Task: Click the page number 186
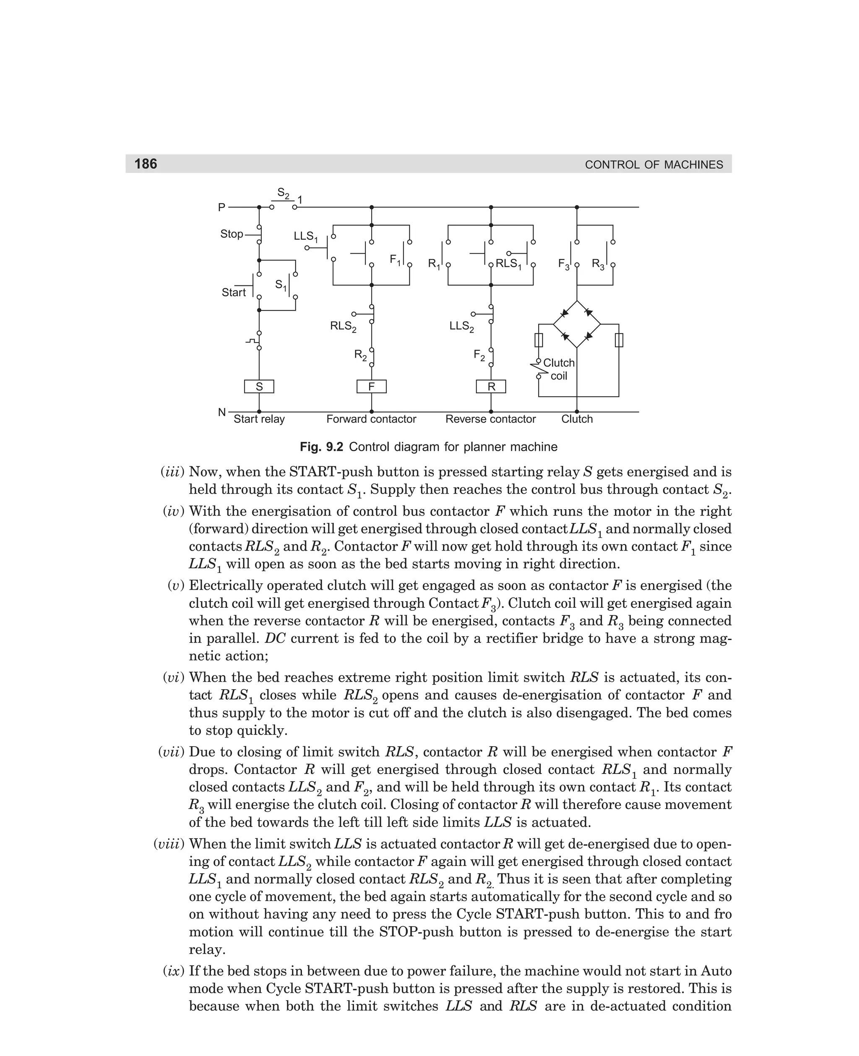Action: click(x=146, y=164)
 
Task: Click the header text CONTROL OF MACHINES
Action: click(x=653, y=165)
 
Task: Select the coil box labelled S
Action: click(x=259, y=387)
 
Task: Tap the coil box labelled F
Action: click(x=371, y=387)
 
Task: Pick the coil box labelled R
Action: click(x=491, y=387)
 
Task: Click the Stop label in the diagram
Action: click(x=232, y=234)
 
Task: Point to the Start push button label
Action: click(x=234, y=293)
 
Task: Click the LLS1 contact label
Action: click(x=306, y=237)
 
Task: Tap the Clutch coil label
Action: click(x=559, y=369)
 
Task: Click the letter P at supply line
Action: click(x=222, y=207)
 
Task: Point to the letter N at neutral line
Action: click(x=222, y=412)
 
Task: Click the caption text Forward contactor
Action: click(x=371, y=419)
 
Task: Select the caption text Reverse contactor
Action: click(x=490, y=419)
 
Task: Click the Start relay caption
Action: click(x=259, y=419)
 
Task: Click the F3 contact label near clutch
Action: click(x=564, y=264)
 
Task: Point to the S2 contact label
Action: click(x=283, y=193)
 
